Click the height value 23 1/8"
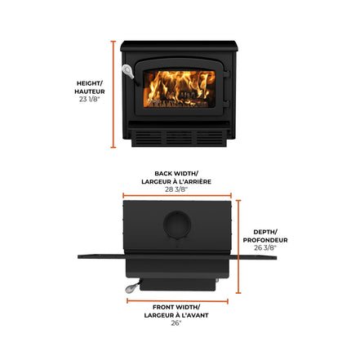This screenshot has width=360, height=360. tap(90, 99)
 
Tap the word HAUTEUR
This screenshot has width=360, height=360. tap(90, 91)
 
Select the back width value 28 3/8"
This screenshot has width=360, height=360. tap(176, 189)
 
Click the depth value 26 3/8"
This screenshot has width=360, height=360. tap(265, 247)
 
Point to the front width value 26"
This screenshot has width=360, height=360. tap(176, 323)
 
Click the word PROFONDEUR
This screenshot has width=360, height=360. tap(265, 240)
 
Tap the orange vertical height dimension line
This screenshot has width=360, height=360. tap(113, 95)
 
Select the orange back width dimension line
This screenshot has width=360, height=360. tap(177, 195)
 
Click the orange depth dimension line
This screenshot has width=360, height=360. tap(238, 247)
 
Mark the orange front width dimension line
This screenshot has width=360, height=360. tap(177, 301)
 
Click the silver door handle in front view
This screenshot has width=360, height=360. tap(128, 71)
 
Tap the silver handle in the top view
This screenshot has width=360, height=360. tap(132, 288)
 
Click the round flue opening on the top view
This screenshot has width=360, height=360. tap(177, 224)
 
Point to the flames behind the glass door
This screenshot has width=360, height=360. tap(180, 89)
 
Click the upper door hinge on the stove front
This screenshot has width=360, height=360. tap(226, 74)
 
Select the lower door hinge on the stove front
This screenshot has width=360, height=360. tap(226, 104)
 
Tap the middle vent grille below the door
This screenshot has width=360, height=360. tap(180, 138)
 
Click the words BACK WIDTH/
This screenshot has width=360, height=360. tap(176, 173)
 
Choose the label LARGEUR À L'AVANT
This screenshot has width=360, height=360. tap(176, 315)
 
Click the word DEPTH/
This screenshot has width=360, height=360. tap(265, 232)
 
